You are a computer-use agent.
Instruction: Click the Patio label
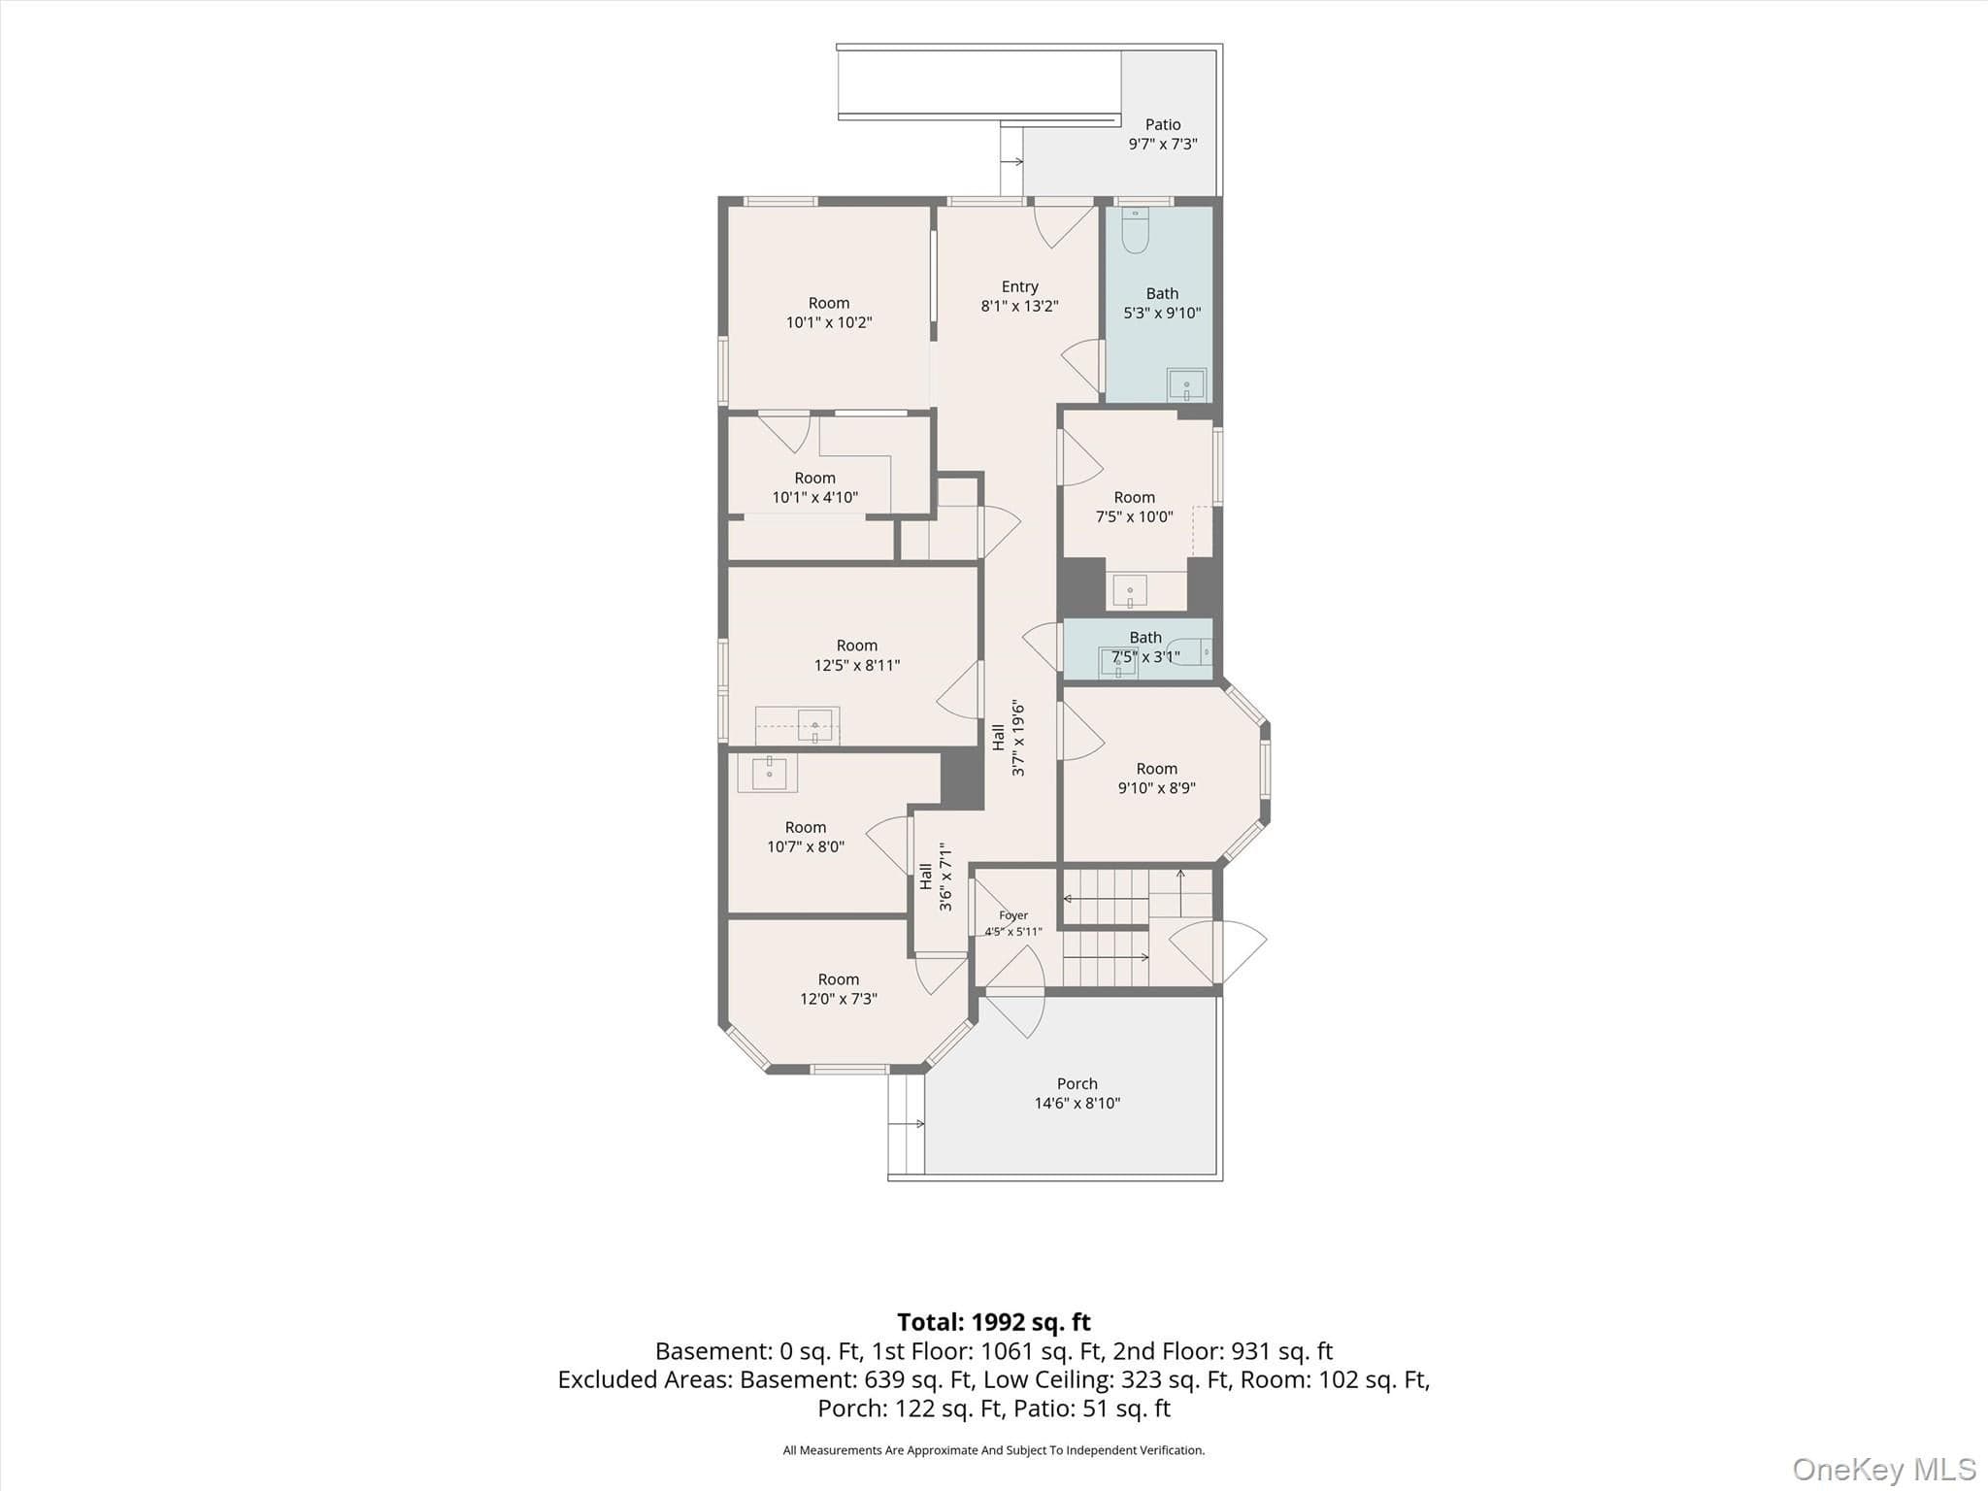click(x=1163, y=134)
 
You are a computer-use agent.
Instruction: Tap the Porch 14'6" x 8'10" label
click(x=1077, y=1093)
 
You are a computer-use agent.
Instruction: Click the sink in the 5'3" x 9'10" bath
click(x=1186, y=384)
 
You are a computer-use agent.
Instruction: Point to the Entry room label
click(x=1019, y=296)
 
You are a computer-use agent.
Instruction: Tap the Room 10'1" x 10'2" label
click(x=829, y=313)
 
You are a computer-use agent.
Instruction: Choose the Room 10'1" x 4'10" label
click(x=815, y=487)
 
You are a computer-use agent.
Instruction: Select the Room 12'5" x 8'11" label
click(x=857, y=655)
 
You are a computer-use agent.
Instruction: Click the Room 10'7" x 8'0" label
click(x=806, y=837)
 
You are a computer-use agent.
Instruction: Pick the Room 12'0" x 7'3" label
click(x=839, y=989)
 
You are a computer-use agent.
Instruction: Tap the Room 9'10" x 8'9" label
click(x=1156, y=778)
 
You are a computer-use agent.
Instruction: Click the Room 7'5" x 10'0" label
click(x=1135, y=507)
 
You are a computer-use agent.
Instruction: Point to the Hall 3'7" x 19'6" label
click(x=1009, y=738)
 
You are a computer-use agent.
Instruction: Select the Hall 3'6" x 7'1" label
click(x=936, y=877)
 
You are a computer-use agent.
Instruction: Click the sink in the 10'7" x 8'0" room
click(x=768, y=773)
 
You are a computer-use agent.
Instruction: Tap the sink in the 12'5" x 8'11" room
click(x=814, y=725)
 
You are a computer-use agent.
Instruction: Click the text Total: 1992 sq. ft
click(x=994, y=1322)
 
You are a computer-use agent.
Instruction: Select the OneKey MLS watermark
click(x=1884, y=1469)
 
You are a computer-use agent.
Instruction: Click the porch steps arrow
click(x=906, y=1124)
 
